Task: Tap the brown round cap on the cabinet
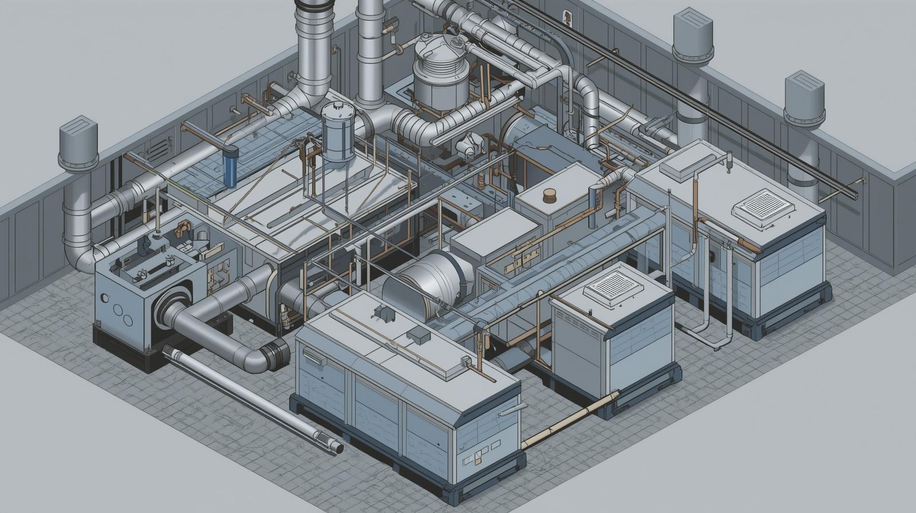coord(550,195)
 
